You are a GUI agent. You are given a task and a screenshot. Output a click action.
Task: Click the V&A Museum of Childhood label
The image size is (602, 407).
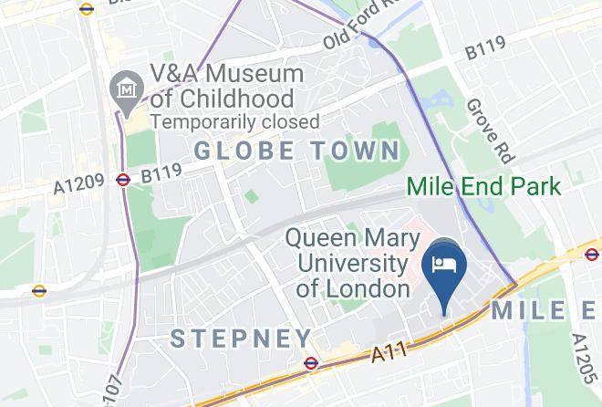point(227,86)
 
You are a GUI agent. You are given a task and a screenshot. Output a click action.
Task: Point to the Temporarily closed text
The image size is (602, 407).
point(234,121)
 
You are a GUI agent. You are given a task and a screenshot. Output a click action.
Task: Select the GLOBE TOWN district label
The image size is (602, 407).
point(297,151)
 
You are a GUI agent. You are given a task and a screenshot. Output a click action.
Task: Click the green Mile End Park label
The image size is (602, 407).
point(483,188)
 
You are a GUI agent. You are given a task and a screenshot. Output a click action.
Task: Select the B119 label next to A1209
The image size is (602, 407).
point(162,173)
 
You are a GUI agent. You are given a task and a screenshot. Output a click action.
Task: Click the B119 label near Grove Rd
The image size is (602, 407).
point(485,50)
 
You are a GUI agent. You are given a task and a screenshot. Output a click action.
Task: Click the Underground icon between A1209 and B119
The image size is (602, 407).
point(123,180)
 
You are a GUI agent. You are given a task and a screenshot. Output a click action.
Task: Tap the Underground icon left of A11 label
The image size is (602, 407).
point(310,363)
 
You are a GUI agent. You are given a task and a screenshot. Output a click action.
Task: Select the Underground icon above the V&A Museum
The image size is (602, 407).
point(87,9)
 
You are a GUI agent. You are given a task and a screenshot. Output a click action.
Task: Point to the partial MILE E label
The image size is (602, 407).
point(545,310)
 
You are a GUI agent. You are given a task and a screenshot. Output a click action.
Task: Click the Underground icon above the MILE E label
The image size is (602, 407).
point(591,254)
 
